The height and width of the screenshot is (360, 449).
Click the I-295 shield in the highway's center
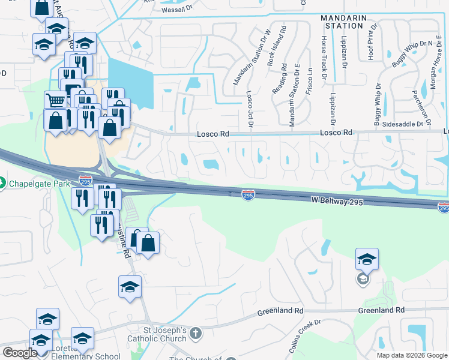pyautogui.click(x=248, y=195)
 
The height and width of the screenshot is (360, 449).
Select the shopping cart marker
pyautogui.click(x=55, y=100)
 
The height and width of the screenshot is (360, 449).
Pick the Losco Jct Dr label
pyautogui.click(x=250, y=110)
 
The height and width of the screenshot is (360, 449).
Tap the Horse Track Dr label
pyautogui.click(x=324, y=58)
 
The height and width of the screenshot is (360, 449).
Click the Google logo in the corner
pyautogui.click(x=20, y=353)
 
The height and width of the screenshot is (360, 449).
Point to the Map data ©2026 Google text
pyautogui.click(x=412, y=355)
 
